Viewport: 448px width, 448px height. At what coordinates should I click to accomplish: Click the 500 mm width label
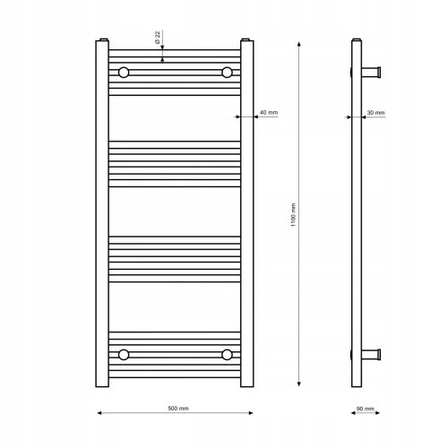[x=178, y=409]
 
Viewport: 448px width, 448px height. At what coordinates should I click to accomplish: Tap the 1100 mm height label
[x=293, y=215]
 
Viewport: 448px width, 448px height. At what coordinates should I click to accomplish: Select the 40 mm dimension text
[x=269, y=113]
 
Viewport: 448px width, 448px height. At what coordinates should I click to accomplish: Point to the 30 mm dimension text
[x=375, y=113]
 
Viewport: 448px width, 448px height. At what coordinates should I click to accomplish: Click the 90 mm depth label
[x=366, y=409]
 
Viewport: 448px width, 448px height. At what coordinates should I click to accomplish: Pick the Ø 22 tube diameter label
[x=158, y=38]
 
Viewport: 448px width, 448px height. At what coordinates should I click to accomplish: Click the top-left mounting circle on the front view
[x=124, y=73]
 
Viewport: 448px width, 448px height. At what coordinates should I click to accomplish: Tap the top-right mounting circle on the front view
[x=227, y=73]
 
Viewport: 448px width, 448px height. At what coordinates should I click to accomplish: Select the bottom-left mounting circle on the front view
[x=124, y=355]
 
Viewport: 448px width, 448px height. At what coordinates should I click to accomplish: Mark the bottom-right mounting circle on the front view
[x=227, y=355]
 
